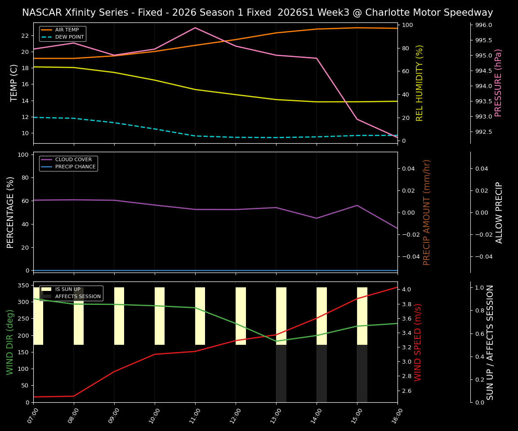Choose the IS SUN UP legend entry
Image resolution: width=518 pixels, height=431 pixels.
coord(67,290)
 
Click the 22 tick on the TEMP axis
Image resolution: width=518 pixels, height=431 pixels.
coord(25,35)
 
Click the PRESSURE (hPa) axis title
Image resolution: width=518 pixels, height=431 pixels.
coord(498,83)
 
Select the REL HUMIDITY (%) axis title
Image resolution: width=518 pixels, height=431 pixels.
coord(420,83)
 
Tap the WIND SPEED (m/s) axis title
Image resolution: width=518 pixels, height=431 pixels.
coord(418,342)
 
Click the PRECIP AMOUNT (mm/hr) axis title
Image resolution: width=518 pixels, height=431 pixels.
coord(427,212)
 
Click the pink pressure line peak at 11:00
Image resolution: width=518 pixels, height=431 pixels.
coord(195,28)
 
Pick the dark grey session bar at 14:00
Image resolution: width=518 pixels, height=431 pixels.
coord(322,374)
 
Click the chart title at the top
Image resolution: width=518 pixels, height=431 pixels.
coord(257,13)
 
